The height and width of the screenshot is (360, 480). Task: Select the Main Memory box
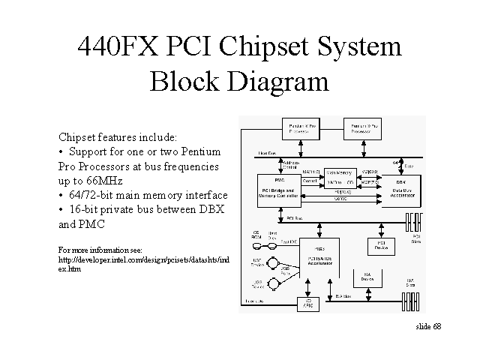point(339,172)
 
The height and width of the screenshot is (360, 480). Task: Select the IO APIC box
point(307,303)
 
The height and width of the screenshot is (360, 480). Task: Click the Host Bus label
point(265,153)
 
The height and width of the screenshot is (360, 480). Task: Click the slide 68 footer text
point(428,328)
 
